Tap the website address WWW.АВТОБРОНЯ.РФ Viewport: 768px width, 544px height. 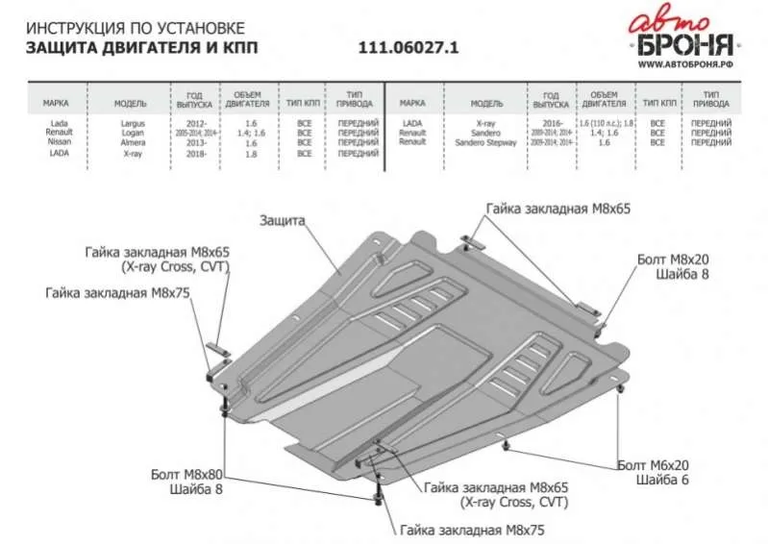683,64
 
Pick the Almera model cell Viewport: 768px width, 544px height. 133,143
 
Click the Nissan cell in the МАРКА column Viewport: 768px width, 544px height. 59,143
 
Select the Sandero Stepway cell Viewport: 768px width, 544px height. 493,143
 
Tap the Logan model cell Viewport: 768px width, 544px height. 133,135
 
